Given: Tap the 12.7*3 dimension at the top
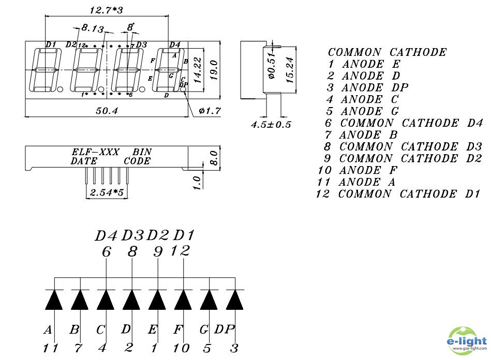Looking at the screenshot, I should click(107, 10).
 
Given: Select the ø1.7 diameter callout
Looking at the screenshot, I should click(209, 110).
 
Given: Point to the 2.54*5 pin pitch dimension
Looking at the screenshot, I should click(106, 193).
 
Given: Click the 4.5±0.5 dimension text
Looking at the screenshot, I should click(271, 125).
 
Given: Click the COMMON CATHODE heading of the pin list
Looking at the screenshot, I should click(387, 52).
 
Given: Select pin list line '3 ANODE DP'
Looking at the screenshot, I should click(367, 87).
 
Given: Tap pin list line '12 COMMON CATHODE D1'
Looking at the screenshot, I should click(398, 194).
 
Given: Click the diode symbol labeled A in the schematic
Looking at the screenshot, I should click(54, 300).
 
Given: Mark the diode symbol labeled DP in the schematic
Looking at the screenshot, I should click(234, 300).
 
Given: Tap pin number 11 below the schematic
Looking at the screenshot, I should click(51, 348).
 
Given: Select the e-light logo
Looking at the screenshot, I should click(466, 341).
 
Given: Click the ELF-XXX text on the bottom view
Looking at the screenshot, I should click(95, 153).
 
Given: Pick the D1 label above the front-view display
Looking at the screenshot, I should click(50, 44).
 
